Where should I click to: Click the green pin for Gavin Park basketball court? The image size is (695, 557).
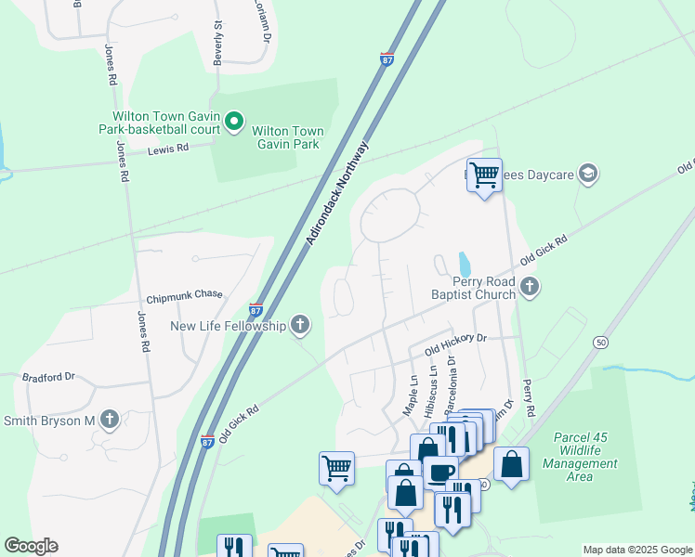[234, 122]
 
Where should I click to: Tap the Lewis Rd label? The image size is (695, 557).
[168, 148]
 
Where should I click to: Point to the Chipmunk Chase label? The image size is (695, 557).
[184, 295]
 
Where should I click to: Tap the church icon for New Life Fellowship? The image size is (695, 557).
[299, 325]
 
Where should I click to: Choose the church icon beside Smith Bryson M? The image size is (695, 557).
[111, 420]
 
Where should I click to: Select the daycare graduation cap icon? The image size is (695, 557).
[587, 173]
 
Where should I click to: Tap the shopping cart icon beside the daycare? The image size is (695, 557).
[484, 174]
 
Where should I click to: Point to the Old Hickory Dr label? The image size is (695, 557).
[455, 344]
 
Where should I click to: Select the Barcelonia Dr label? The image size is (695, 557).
[454, 381]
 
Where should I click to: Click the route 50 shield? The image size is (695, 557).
[601, 343]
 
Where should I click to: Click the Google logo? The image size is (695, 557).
[31, 545]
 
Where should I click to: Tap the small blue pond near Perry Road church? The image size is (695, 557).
[465, 264]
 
